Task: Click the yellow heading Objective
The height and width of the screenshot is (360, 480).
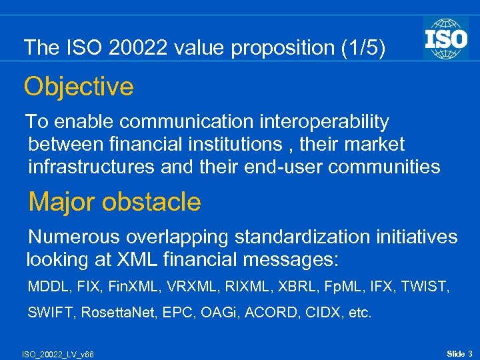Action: [79, 87]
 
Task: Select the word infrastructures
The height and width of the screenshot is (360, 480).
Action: [92, 167]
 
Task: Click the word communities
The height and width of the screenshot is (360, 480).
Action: [388, 167]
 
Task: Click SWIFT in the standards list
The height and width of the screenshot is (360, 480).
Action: [50, 313]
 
